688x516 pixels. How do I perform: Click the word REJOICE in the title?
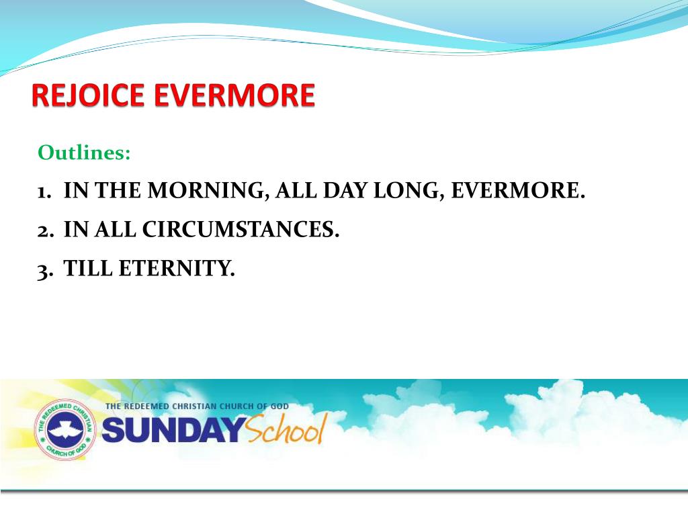[89, 95]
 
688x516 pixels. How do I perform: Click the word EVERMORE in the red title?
[234, 95]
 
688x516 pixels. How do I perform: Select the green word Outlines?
[84, 153]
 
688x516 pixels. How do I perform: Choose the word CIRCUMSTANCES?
[241, 230]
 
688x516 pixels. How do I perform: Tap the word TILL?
[88, 269]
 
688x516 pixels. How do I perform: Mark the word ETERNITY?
[177, 269]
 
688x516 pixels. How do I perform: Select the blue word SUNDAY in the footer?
[171, 431]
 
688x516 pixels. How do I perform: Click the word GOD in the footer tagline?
[298, 406]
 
